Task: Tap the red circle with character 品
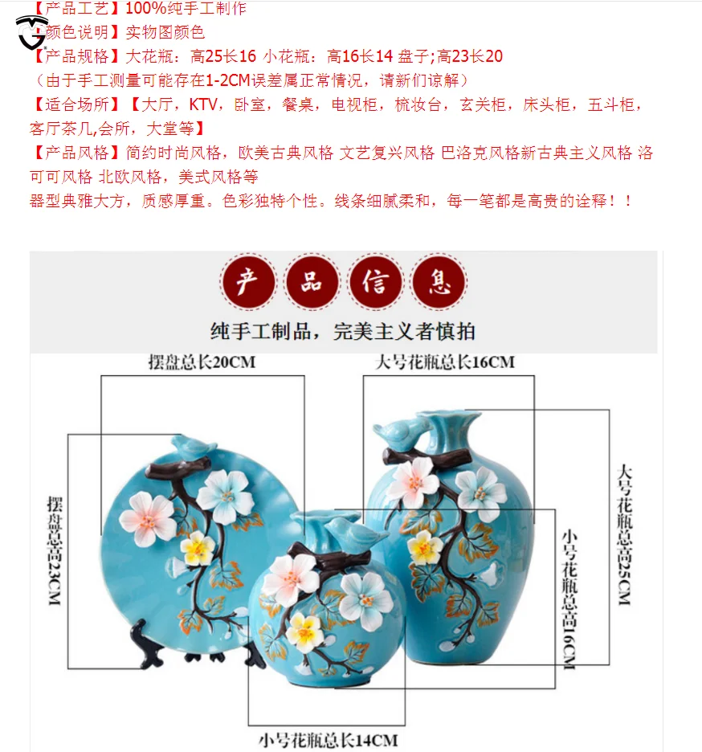click(312, 282)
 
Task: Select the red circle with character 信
click(376, 282)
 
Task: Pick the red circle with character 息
click(439, 282)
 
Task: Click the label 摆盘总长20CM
click(202, 362)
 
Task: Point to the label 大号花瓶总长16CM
click(444, 362)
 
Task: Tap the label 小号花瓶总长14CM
click(328, 739)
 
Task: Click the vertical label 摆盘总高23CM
click(54, 550)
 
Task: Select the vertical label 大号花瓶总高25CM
click(624, 533)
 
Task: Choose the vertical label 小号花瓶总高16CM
click(569, 598)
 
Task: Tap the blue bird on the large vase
click(400, 435)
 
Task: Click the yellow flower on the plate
click(198, 548)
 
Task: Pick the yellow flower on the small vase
click(304, 631)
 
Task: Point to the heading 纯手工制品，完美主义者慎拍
click(343, 331)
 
